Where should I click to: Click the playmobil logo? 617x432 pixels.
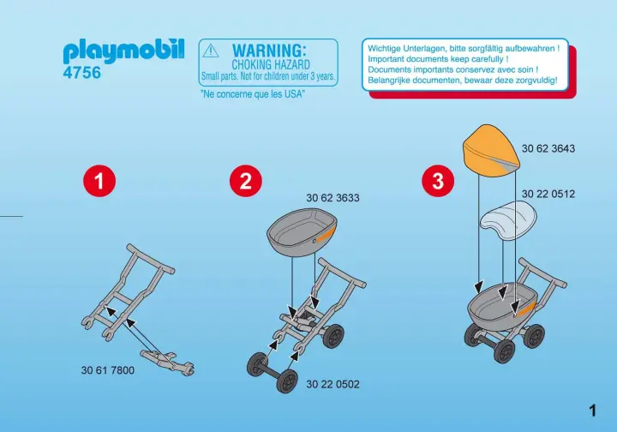pos(123,51)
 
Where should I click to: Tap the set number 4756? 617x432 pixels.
pos(82,73)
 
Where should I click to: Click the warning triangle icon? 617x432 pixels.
pos(211,51)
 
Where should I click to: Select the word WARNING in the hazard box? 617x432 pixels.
pos(269,51)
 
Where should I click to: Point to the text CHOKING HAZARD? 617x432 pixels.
pos(271,64)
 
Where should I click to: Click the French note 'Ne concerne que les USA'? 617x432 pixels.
pos(253,94)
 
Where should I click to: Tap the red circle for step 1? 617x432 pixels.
pos(99,181)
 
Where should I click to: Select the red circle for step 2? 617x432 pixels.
pos(246,181)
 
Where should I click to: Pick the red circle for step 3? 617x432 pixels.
pos(438,181)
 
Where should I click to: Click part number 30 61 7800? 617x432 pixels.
pos(108,370)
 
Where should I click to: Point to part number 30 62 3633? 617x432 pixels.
pos(332,198)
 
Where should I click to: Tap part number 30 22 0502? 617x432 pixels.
pos(332,384)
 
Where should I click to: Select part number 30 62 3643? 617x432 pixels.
pos(548,149)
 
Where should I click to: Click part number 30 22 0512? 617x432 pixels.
pos(548,194)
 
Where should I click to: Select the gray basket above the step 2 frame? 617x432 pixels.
pos(303,232)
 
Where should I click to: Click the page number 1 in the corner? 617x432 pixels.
pos(593,411)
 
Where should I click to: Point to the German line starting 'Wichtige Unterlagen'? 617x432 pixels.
pos(464,49)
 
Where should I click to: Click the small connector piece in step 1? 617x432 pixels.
pos(167,361)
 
